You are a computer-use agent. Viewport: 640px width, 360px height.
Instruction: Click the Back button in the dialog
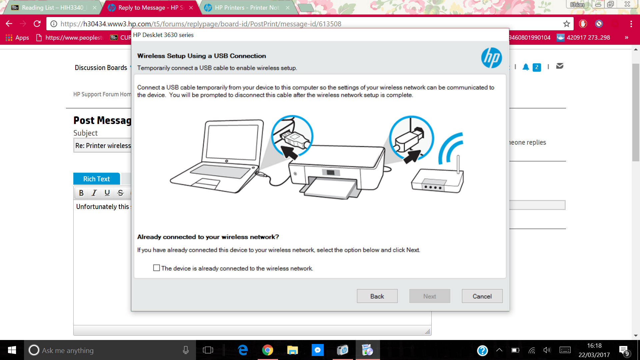point(377,296)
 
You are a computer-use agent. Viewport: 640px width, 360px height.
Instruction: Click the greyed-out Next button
point(430,296)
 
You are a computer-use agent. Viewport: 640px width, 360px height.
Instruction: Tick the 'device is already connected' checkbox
point(156,268)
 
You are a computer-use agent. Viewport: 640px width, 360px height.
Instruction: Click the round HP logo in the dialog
point(491,58)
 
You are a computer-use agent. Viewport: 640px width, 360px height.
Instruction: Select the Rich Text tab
point(96,179)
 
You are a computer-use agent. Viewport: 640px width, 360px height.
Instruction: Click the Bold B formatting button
point(81,193)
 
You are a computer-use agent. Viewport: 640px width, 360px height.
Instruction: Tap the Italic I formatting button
point(94,193)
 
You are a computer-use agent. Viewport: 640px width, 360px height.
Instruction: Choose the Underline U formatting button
point(107,193)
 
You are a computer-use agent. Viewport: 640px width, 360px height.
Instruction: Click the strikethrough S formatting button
point(121,193)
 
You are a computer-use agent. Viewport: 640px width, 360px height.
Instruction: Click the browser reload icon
point(37,24)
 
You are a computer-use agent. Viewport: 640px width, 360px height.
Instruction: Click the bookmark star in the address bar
point(567,24)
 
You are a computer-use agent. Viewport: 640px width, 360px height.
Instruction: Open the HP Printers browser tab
point(247,8)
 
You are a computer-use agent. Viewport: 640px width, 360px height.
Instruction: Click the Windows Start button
point(12,350)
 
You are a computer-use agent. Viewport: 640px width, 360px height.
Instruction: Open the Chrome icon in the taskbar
point(267,350)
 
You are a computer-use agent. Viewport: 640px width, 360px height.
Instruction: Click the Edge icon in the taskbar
point(243,350)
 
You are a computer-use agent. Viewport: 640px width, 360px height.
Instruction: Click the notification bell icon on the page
point(526,67)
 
